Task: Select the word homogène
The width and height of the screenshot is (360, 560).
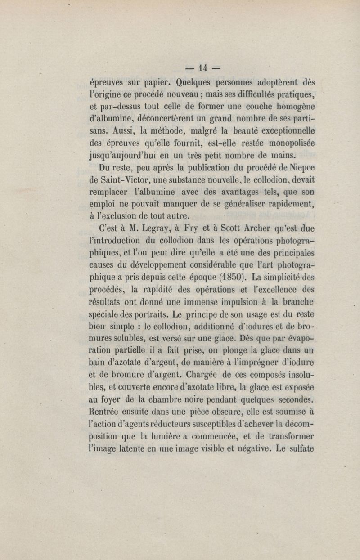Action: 292,108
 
